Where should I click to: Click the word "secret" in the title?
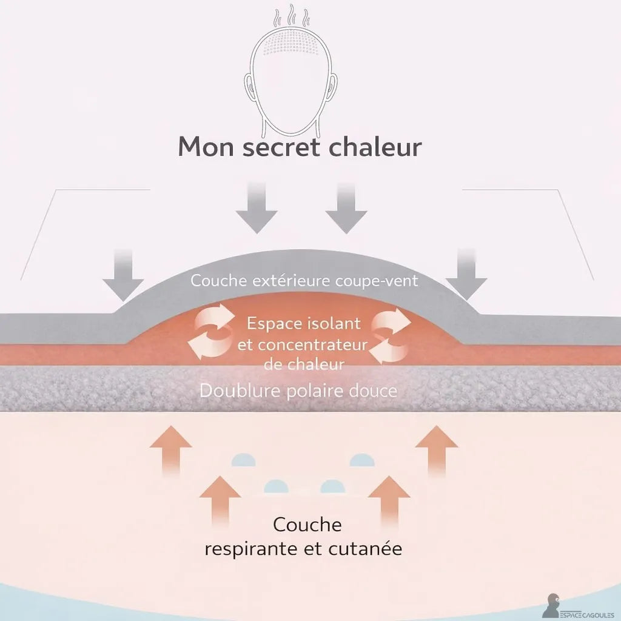coord(281,147)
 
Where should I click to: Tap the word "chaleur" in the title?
coord(375,146)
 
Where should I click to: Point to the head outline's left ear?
coord(248,87)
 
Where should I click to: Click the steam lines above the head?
coord(292,15)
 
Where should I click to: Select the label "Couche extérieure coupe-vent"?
coord(304,280)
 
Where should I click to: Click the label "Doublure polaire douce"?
coord(298,391)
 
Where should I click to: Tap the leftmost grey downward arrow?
coord(123,275)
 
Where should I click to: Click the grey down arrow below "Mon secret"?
coord(257,208)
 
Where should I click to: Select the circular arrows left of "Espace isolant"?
coord(210,331)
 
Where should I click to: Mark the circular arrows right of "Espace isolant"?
coord(391,336)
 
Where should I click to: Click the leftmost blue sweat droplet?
coord(244,460)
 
